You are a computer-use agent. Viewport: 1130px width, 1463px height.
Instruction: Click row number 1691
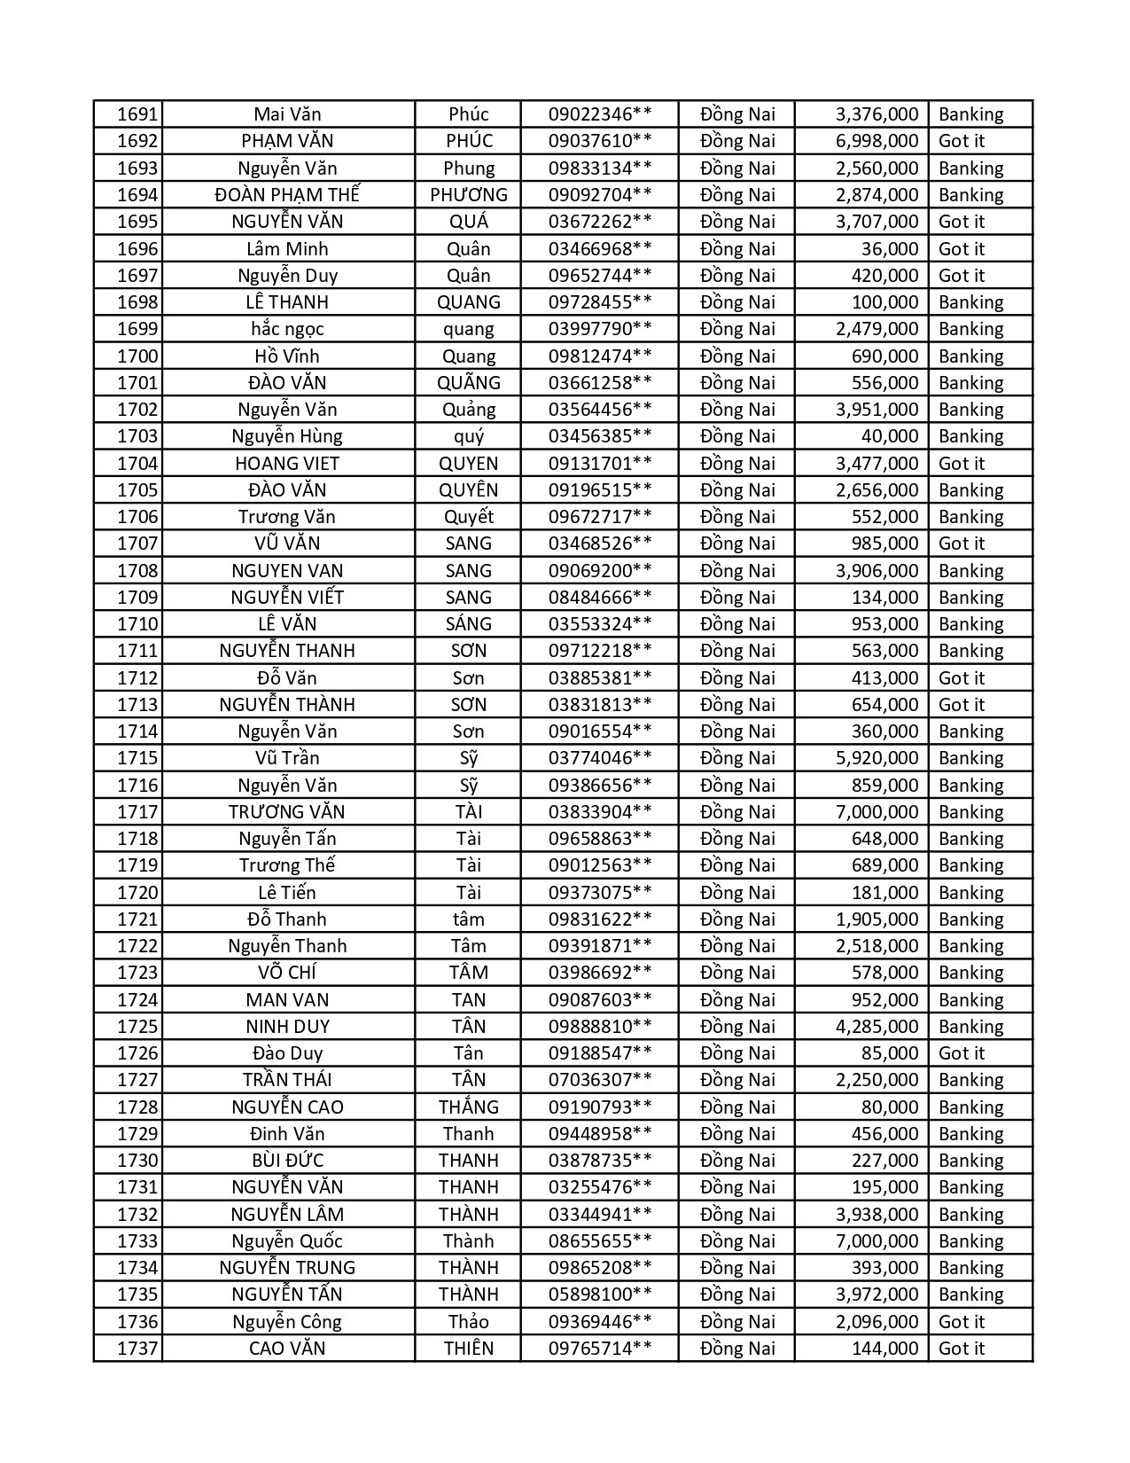pos(137,114)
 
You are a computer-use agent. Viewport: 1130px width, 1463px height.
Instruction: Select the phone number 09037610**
pos(600,141)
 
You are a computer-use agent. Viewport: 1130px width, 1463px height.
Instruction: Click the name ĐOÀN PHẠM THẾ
pos(287,195)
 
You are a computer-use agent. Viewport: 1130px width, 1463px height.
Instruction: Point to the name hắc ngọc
pos(287,329)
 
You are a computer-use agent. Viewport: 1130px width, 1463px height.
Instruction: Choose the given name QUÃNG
pos(468,383)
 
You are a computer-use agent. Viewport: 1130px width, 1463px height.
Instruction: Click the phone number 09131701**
pos(600,464)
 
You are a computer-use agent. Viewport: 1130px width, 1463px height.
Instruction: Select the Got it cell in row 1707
pos(961,544)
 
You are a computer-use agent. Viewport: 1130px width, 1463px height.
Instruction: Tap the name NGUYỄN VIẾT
pos(287,598)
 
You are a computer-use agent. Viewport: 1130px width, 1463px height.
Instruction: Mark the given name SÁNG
pos(468,624)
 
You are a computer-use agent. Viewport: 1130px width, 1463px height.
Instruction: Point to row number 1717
pos(137,812)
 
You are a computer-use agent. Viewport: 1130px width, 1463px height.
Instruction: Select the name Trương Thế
pos(287,865)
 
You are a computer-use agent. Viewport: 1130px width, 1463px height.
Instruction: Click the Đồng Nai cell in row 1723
pos(736,973)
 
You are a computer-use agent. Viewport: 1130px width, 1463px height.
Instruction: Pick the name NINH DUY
pos(287,1027)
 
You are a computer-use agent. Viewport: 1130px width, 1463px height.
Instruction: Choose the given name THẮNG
pos(468,1107)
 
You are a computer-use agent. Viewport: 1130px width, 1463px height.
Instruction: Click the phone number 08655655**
pos(600,1241)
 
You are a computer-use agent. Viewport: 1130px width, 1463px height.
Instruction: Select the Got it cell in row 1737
pos(961,1349)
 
